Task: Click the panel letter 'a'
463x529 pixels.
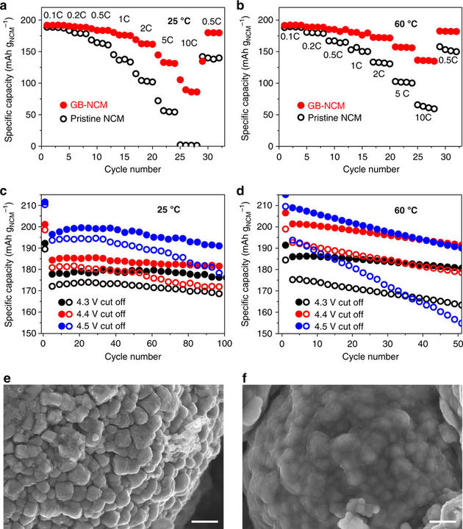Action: [x=6, y=7]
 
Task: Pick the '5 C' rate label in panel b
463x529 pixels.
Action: [x=401, y=93]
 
